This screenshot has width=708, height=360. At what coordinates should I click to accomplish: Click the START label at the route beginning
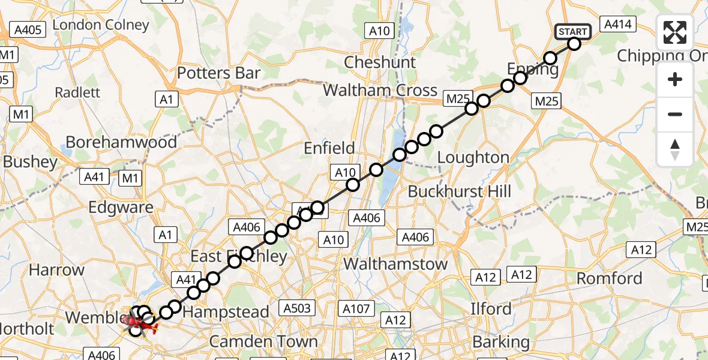(x=574, y=31)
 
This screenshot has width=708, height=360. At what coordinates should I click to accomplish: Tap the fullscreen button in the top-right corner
(x=675, y=32)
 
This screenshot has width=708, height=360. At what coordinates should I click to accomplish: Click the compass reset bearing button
(x=675, y=149)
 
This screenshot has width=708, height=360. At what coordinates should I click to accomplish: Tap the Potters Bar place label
(x=218, y=73)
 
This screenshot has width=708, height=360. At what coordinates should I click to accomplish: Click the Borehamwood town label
(x=121, y=142)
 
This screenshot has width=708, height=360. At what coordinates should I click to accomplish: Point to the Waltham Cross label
(x=380, y=91)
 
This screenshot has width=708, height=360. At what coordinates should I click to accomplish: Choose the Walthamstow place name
(x=395, y=264)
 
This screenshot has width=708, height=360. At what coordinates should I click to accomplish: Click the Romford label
(x=609, y=278)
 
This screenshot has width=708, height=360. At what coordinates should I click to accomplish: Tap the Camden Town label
(x=263, y=342)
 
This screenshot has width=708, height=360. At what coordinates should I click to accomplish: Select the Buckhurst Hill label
(x=459, y=192)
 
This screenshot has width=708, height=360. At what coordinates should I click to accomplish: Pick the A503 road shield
(x=297, y=308)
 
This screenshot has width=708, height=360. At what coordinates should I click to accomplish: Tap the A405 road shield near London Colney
(x=28, y=30)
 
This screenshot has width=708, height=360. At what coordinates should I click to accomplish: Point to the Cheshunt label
(x=380, y=62)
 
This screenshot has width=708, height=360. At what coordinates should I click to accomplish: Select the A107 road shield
(x=355, y=308)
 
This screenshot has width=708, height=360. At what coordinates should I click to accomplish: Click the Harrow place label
(x=56, y=270)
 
